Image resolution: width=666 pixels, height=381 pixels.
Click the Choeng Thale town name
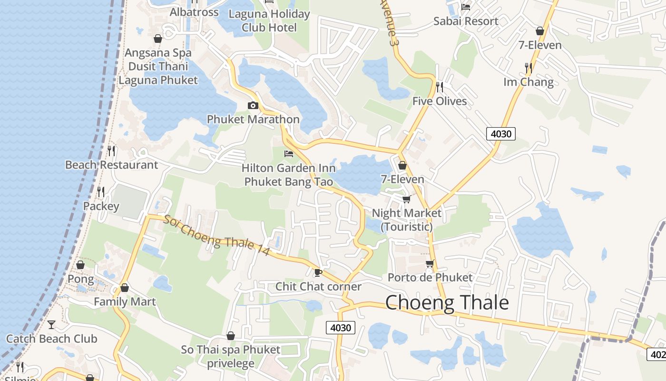point(447,303)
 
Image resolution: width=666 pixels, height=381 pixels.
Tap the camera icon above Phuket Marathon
point(253,106)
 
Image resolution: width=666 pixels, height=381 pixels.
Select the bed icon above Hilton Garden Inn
point(288,154)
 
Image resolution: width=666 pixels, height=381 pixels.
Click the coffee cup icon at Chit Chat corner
point(318,272)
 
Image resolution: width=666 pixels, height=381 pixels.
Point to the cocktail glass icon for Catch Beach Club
point(51,325)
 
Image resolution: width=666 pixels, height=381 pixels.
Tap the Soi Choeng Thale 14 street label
point(217,235)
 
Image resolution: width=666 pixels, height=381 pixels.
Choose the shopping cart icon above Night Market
point(406,199)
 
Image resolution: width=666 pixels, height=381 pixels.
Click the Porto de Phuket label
point(430,277)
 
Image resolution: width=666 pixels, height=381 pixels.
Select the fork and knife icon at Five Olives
point(440,87)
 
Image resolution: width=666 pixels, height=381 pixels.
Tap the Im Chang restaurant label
point(529,82)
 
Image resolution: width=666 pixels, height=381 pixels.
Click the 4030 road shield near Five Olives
point(501,134)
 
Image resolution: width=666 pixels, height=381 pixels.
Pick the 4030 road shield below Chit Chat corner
point(341,328)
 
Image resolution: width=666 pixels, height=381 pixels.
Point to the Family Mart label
point(125,301)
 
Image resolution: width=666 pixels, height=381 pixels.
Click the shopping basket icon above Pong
point(80,265)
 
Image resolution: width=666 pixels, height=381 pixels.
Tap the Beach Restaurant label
point(111,165)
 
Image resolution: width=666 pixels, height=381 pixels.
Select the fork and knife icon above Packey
point(101,192)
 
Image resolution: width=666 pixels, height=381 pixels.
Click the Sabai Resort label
point(466,21)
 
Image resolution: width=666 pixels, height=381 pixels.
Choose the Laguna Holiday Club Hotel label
point(269,20)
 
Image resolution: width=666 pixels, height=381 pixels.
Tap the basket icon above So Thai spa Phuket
point(231,336)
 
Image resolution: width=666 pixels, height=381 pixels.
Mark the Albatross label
point(194,12)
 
